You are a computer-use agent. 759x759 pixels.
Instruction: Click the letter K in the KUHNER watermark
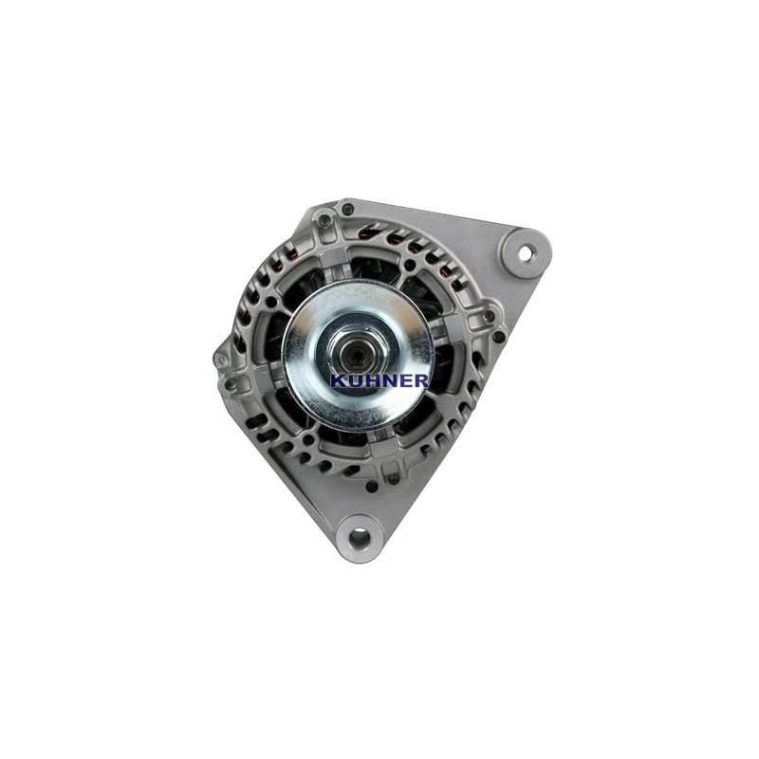338,380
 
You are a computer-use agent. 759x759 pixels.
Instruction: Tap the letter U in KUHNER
352,380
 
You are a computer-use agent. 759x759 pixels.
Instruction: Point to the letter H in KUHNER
368,380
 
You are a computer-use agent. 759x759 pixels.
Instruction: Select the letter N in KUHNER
384,380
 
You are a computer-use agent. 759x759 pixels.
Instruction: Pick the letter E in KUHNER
398,380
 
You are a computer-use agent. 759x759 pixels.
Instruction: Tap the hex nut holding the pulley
358,352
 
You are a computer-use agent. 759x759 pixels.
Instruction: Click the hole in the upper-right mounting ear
525,253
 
